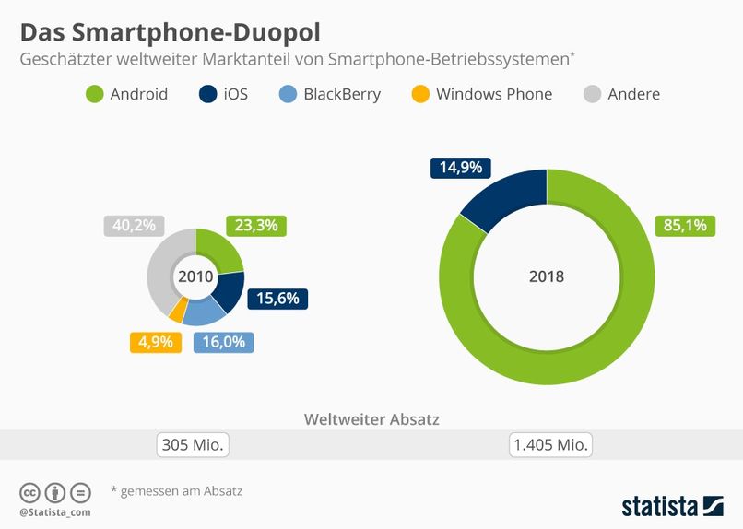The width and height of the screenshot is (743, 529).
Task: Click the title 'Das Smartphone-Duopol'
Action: coord(171,32)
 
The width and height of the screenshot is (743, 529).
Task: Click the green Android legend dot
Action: coord(94,94)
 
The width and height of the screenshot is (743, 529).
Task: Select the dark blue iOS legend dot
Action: coord(207,94)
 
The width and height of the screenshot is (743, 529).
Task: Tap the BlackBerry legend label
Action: coord(342,94)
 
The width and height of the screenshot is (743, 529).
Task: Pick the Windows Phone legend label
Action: coord(494,94)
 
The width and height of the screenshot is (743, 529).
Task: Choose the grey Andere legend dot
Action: coord(593,94)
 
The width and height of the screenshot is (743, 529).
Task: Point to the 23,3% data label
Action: coord(255,226)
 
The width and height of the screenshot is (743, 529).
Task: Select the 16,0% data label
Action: coord(223,342)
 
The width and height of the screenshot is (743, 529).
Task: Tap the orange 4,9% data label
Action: coord(155,342)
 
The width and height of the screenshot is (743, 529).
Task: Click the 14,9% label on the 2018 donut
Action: coord(461,168)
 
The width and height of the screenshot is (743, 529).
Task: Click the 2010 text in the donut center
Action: coord(195,276)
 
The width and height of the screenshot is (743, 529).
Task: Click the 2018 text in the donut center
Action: coord(547,276)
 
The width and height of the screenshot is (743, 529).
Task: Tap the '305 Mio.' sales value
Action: coord(193,445)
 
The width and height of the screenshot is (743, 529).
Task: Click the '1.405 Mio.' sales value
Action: coord(549,445)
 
